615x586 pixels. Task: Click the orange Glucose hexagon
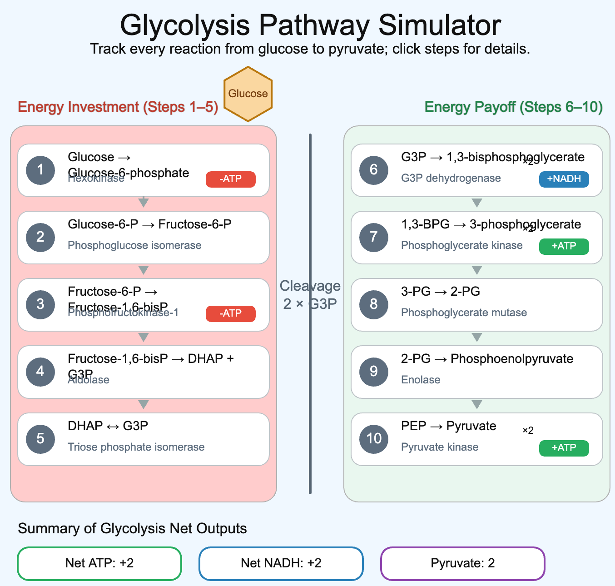248,94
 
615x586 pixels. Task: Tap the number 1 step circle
40,170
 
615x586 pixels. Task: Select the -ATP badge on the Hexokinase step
230,179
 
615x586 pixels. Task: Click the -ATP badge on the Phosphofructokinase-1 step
230,313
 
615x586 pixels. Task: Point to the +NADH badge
564,179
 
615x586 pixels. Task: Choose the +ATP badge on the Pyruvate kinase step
564,448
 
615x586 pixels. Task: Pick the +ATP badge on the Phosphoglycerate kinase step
564,246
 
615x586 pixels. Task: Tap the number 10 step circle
374,439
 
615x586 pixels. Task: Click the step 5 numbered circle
40,439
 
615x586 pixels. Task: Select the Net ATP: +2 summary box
99,563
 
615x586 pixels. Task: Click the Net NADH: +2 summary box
281,563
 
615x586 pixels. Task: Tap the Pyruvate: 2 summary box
462,563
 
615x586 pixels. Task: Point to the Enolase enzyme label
421,380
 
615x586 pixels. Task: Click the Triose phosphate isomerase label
136,447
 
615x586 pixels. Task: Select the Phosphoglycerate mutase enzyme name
464,313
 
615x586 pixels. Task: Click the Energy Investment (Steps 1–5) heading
118,107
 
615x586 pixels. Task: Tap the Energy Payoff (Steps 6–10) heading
513,107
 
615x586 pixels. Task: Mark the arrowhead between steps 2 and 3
144,270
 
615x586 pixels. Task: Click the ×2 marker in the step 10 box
528,430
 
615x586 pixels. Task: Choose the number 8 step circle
374,304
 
